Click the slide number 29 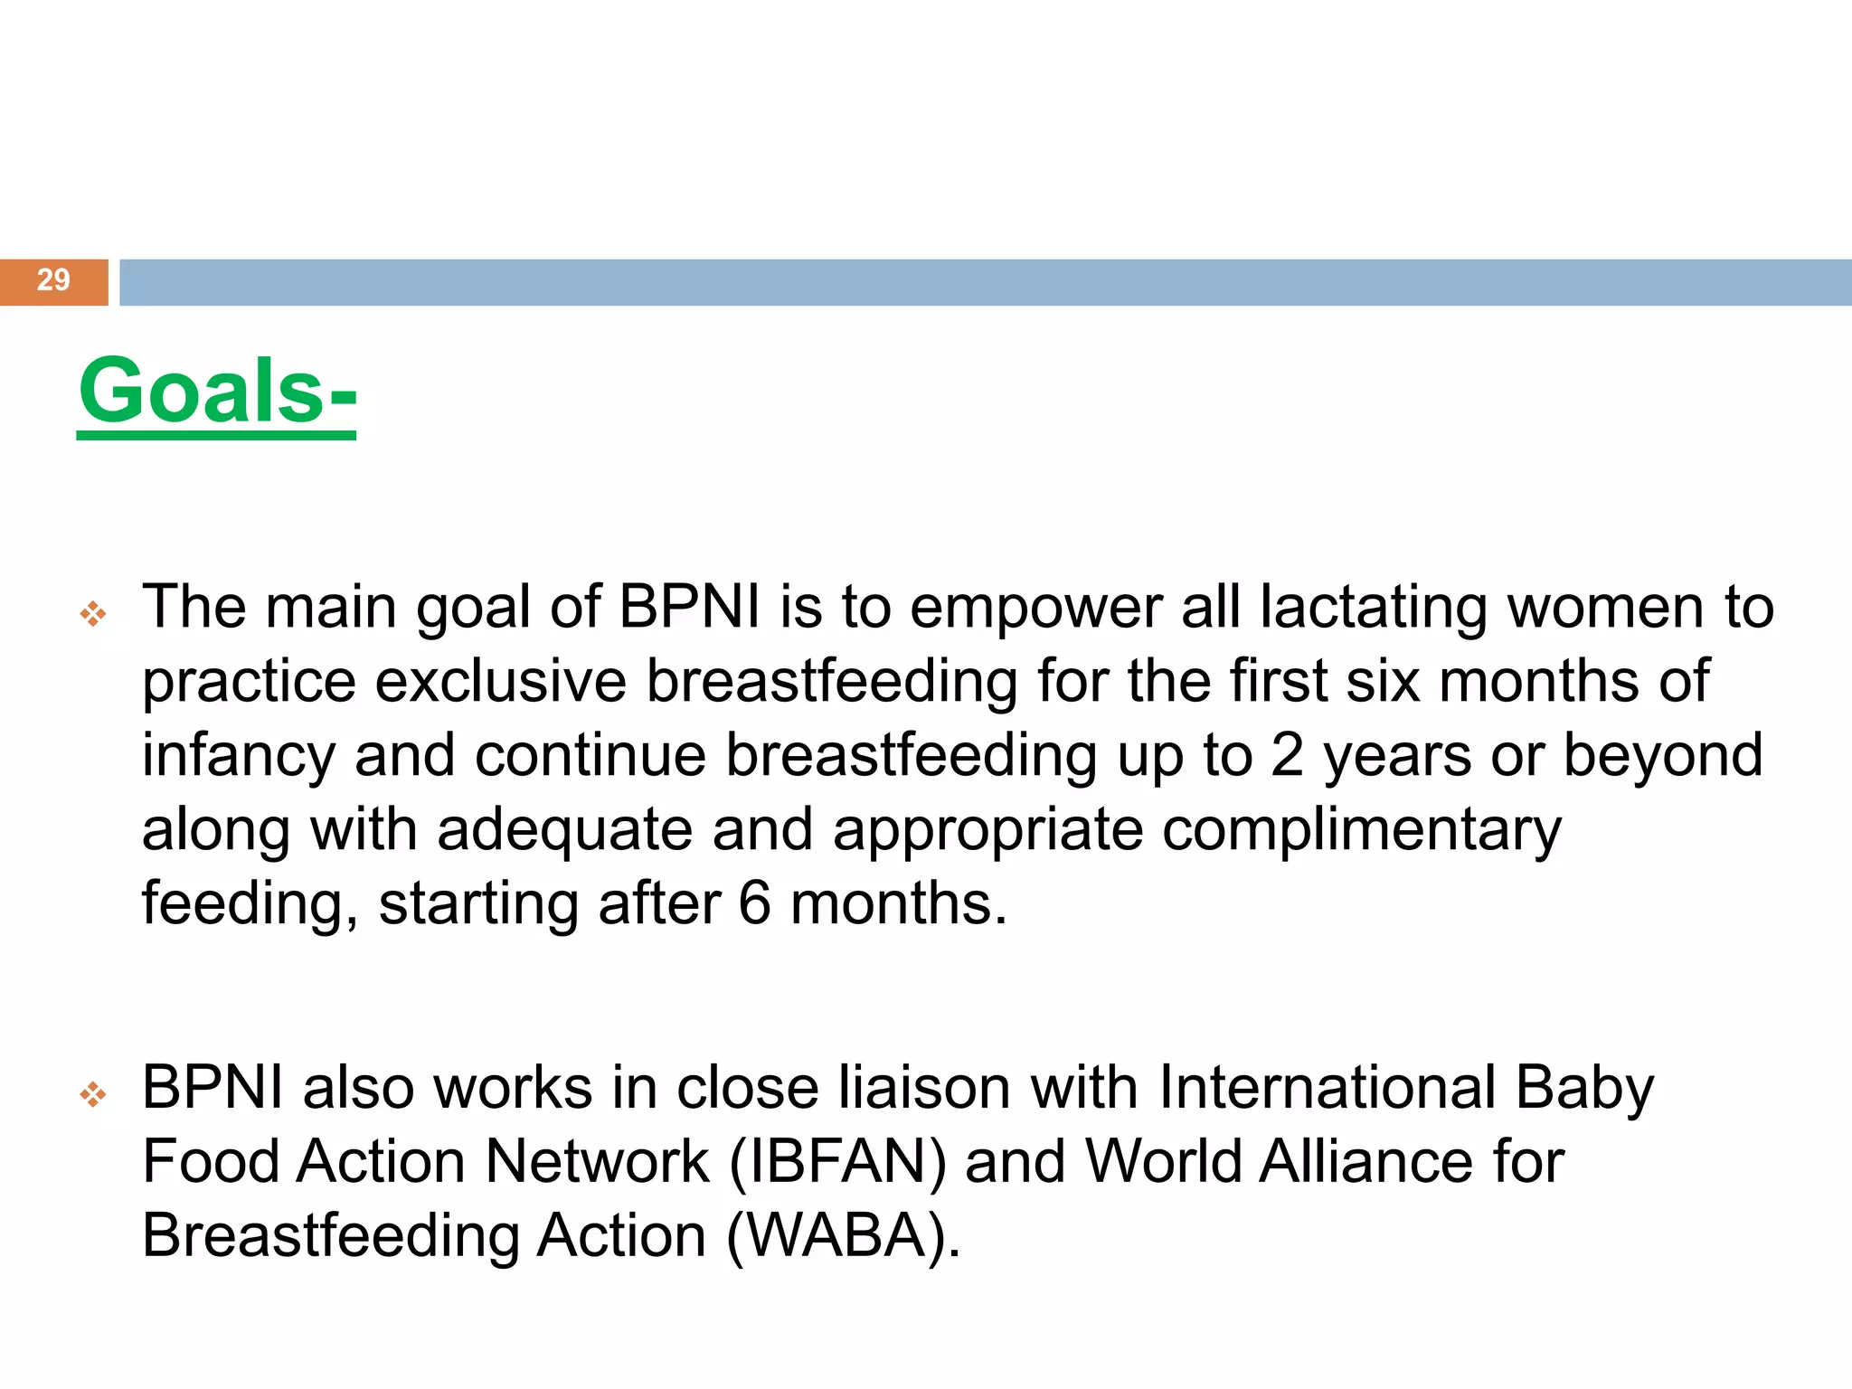tap(53, 280)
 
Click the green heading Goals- tap(217, 391)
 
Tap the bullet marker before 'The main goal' tap(92, 615)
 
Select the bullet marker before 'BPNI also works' tap(92, 1096)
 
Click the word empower tap(1035, 608)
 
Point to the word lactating tap(1374, 608)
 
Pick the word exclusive tap(500, 682)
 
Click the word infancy tap(238, 756)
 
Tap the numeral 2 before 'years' tap(1287, 756)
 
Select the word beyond tap(1663, 756)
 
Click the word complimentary tap(1361, 830)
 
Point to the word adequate tap(564, 830)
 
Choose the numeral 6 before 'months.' tap(754, 904)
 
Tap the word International tap(1327, 1088)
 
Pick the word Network tap(597, 1162)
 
